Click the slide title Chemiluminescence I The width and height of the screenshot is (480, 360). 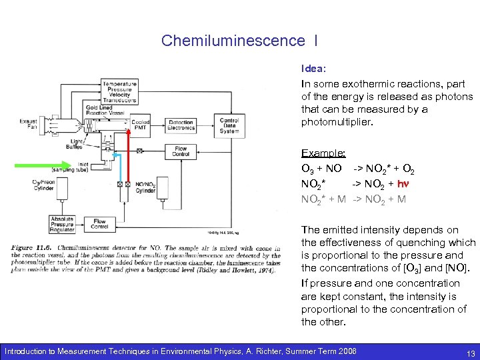point(239,41)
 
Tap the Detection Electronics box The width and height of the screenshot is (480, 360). point(181,125)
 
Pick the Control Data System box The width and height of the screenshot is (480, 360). point(229,125)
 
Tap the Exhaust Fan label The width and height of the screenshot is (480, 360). point(28,124)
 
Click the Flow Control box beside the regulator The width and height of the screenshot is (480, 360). point(99,224)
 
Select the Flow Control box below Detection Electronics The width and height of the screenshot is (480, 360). point(181,151)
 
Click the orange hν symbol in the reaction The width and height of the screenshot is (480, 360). point(403,183)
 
